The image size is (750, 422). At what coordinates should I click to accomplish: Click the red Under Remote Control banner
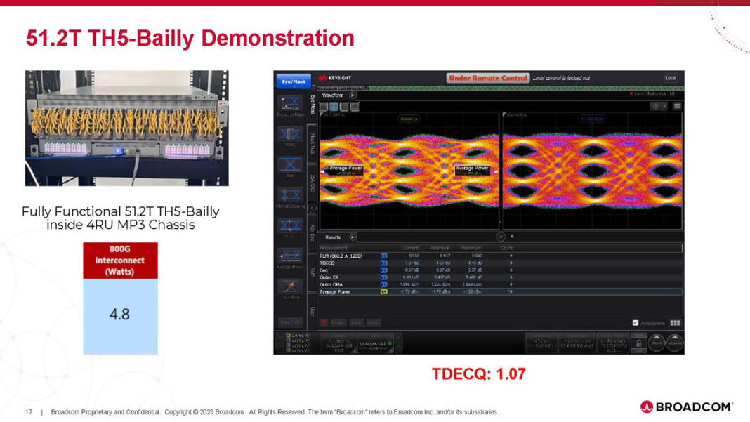(487, 78)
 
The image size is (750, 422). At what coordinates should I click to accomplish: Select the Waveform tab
(333, 95)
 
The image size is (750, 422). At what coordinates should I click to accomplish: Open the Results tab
(333, 237)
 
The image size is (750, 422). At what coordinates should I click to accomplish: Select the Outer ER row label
(330, 277)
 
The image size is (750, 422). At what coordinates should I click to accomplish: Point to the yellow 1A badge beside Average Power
(383, 291)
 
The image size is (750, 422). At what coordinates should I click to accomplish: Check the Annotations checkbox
(636, 323)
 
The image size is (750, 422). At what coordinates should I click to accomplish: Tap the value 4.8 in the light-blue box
(120, 314)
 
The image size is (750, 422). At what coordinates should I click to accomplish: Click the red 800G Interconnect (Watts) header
(120, 260)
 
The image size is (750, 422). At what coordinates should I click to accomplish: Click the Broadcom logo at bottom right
(686, 406)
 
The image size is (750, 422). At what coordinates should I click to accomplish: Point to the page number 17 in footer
(29, 411)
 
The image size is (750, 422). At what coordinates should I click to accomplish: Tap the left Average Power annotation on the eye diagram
(345, 169)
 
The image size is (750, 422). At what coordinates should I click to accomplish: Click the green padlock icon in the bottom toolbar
(640, 343)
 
